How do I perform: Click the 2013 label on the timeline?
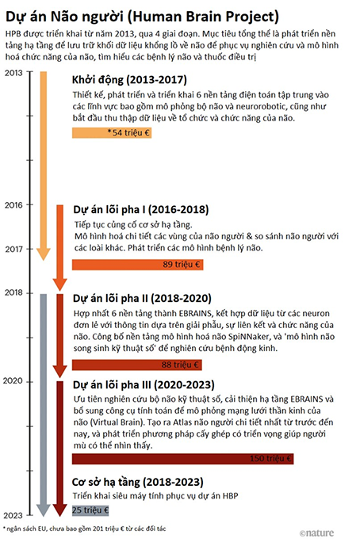[13, 73]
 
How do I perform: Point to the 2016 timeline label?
[13, 204]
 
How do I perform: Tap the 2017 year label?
[13, 249]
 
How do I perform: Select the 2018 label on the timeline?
[13, 292]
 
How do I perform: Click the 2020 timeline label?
[13, 381]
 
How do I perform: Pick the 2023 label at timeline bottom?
[13, 515]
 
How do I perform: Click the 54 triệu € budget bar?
[112, 132]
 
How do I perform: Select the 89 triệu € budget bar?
[138, 265]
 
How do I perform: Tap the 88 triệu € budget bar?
[137, 365]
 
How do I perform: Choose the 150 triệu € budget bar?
[183, 459]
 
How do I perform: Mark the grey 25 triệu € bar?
[90, 510]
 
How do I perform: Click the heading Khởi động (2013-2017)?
[129, 80]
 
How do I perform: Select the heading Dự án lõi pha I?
[141, 210]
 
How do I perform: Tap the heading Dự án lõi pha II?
[142, 299]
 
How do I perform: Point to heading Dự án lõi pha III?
[144, 385]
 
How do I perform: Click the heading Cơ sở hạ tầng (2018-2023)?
[138, 483]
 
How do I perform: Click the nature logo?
[316, 533]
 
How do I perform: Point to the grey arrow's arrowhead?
[44, 510]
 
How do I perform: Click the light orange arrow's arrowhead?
[44, 255]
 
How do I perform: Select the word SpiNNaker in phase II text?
[247, 337]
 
